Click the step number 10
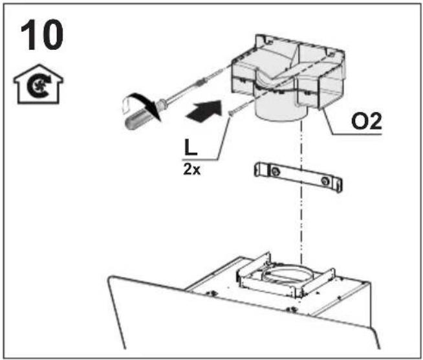tap(42, 35)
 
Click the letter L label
tap(191, 148)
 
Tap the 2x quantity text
tap(192, 170)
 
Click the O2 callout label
tap(367, 121)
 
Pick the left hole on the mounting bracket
tap(275, 171)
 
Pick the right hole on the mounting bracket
tap(325, 181)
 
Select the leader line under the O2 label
tap(348, 124)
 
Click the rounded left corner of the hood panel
tap(111, 280)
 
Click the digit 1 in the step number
tap(29, 35)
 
